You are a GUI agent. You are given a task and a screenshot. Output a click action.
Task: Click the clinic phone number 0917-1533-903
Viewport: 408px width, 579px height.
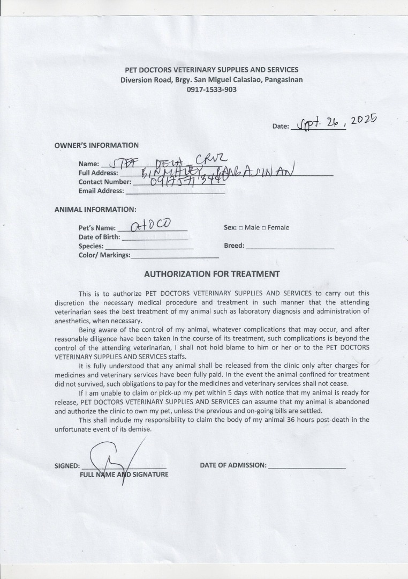coord(211,90)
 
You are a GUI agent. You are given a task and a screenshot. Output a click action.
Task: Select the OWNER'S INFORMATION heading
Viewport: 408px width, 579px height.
coord(96,145)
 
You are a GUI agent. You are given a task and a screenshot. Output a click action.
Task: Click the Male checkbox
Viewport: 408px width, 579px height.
coord(240,228)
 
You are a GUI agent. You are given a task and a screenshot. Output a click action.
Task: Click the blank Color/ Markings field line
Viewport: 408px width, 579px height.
coord(175,257)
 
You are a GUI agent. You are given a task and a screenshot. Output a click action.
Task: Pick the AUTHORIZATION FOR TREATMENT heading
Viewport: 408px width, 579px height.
coord(211,274)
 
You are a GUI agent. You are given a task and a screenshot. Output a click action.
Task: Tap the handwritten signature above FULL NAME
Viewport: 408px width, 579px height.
coord(115,458)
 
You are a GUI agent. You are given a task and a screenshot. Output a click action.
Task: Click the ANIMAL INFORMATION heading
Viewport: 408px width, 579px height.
coord(95,210)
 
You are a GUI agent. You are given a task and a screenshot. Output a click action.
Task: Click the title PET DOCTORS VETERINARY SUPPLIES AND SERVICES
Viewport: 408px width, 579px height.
coord(211,70)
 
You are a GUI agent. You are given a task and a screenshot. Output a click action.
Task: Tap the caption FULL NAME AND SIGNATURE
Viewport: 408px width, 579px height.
coord(124,474)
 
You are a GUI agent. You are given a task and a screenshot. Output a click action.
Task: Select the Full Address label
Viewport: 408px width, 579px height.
coord(98,173)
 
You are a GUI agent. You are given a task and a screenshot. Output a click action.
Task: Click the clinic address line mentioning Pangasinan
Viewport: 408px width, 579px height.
coord(211,80)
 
